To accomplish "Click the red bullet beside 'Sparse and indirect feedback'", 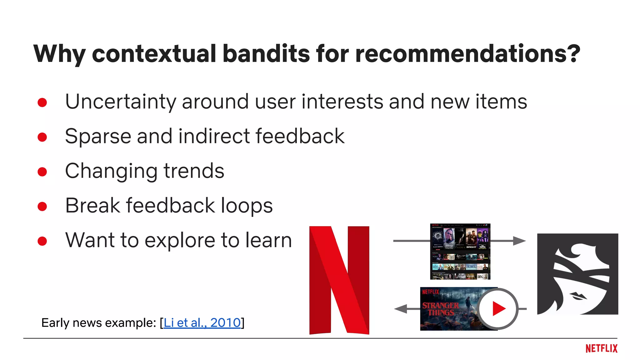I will pyautogui.click(x=42, y=137).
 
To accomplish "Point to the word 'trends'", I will pyautogui.click(x=194, y=171).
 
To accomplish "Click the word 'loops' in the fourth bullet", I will pyautogui.click(x=247, y=206).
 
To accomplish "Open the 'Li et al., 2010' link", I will pyautogui.click(x=202, y=322).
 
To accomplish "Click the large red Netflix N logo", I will pyautogui.click(x=339, y=280).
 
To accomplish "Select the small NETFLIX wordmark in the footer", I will pyautogui.click(x=601, y=348).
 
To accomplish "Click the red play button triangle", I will pyautogui.click(x=498, y=309).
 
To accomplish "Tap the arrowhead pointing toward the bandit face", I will pyautogui.click(x=519, y=241).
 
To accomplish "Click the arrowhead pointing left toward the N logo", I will pyautogui.click(x=401, y=309).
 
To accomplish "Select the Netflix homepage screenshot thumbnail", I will pyautogui.click(x=460, y=251).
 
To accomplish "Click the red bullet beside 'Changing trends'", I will pyautogui.click(x=42, y=172).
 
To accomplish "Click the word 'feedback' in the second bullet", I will pyautogui.click(x=300, y=136).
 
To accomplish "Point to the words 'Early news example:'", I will pyautogui.click(x=98, y=322).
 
